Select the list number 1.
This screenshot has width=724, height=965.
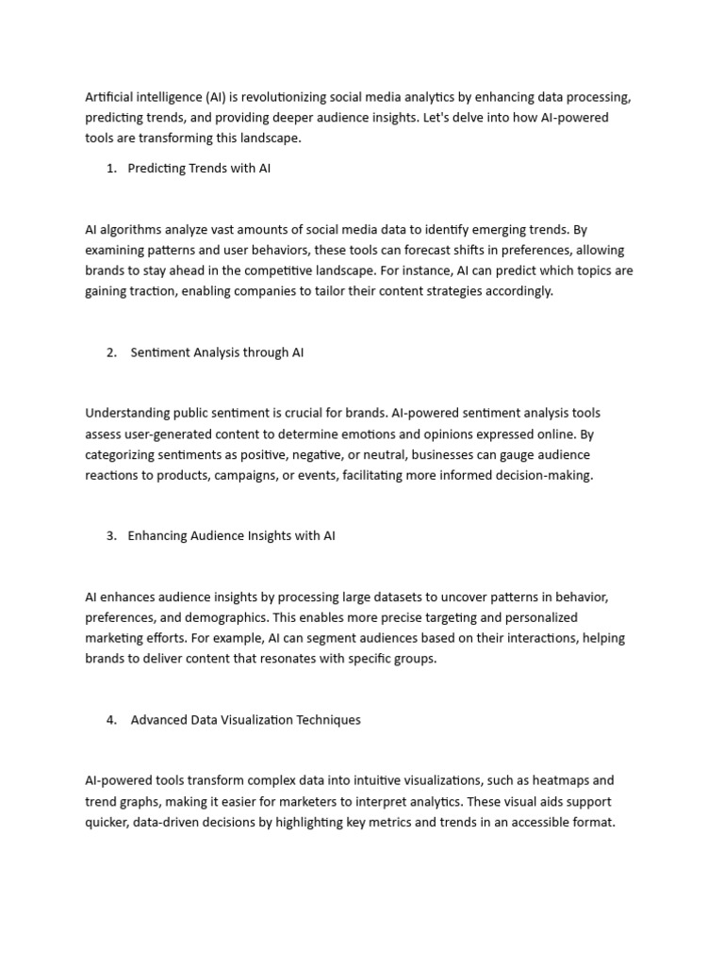click(x=111, y=169)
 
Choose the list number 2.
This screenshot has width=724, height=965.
click(x=111, y=352)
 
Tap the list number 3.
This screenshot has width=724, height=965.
click(x=111, y=536)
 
